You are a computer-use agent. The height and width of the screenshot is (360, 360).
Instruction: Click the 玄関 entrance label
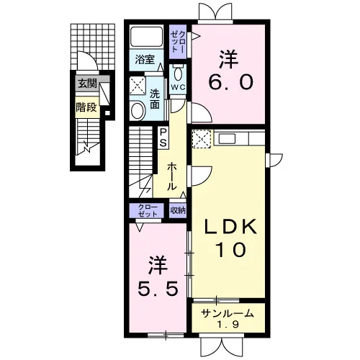coord(87,84)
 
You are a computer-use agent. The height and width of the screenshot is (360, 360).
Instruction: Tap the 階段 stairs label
coord(86,107)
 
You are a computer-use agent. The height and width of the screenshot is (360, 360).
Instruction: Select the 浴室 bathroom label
coord(145,59)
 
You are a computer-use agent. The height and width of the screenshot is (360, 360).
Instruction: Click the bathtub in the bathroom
coord(146,36)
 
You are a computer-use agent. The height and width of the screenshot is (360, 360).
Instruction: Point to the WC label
coord(178,88)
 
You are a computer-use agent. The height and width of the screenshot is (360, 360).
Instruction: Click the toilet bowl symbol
coord(178,73)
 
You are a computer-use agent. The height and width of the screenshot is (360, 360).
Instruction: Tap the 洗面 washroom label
coord(155,99)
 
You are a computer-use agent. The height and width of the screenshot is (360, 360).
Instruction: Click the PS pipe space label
coord(163,138)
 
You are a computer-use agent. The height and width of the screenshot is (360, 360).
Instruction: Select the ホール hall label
coord(171,176)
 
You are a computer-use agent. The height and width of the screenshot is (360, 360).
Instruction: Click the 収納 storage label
coord(178,210)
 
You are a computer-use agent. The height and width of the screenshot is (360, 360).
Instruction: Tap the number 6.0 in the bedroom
coord(230,81)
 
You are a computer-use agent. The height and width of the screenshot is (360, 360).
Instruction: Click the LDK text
coord(230,227)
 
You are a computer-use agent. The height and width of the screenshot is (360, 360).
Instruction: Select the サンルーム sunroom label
coord(228,313)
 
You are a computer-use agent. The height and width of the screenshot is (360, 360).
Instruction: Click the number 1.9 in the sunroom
coord(228,325)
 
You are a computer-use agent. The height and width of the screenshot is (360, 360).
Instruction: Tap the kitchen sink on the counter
coord(227,138)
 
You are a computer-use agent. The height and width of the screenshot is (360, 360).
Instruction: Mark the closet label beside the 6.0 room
coord(178,42)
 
